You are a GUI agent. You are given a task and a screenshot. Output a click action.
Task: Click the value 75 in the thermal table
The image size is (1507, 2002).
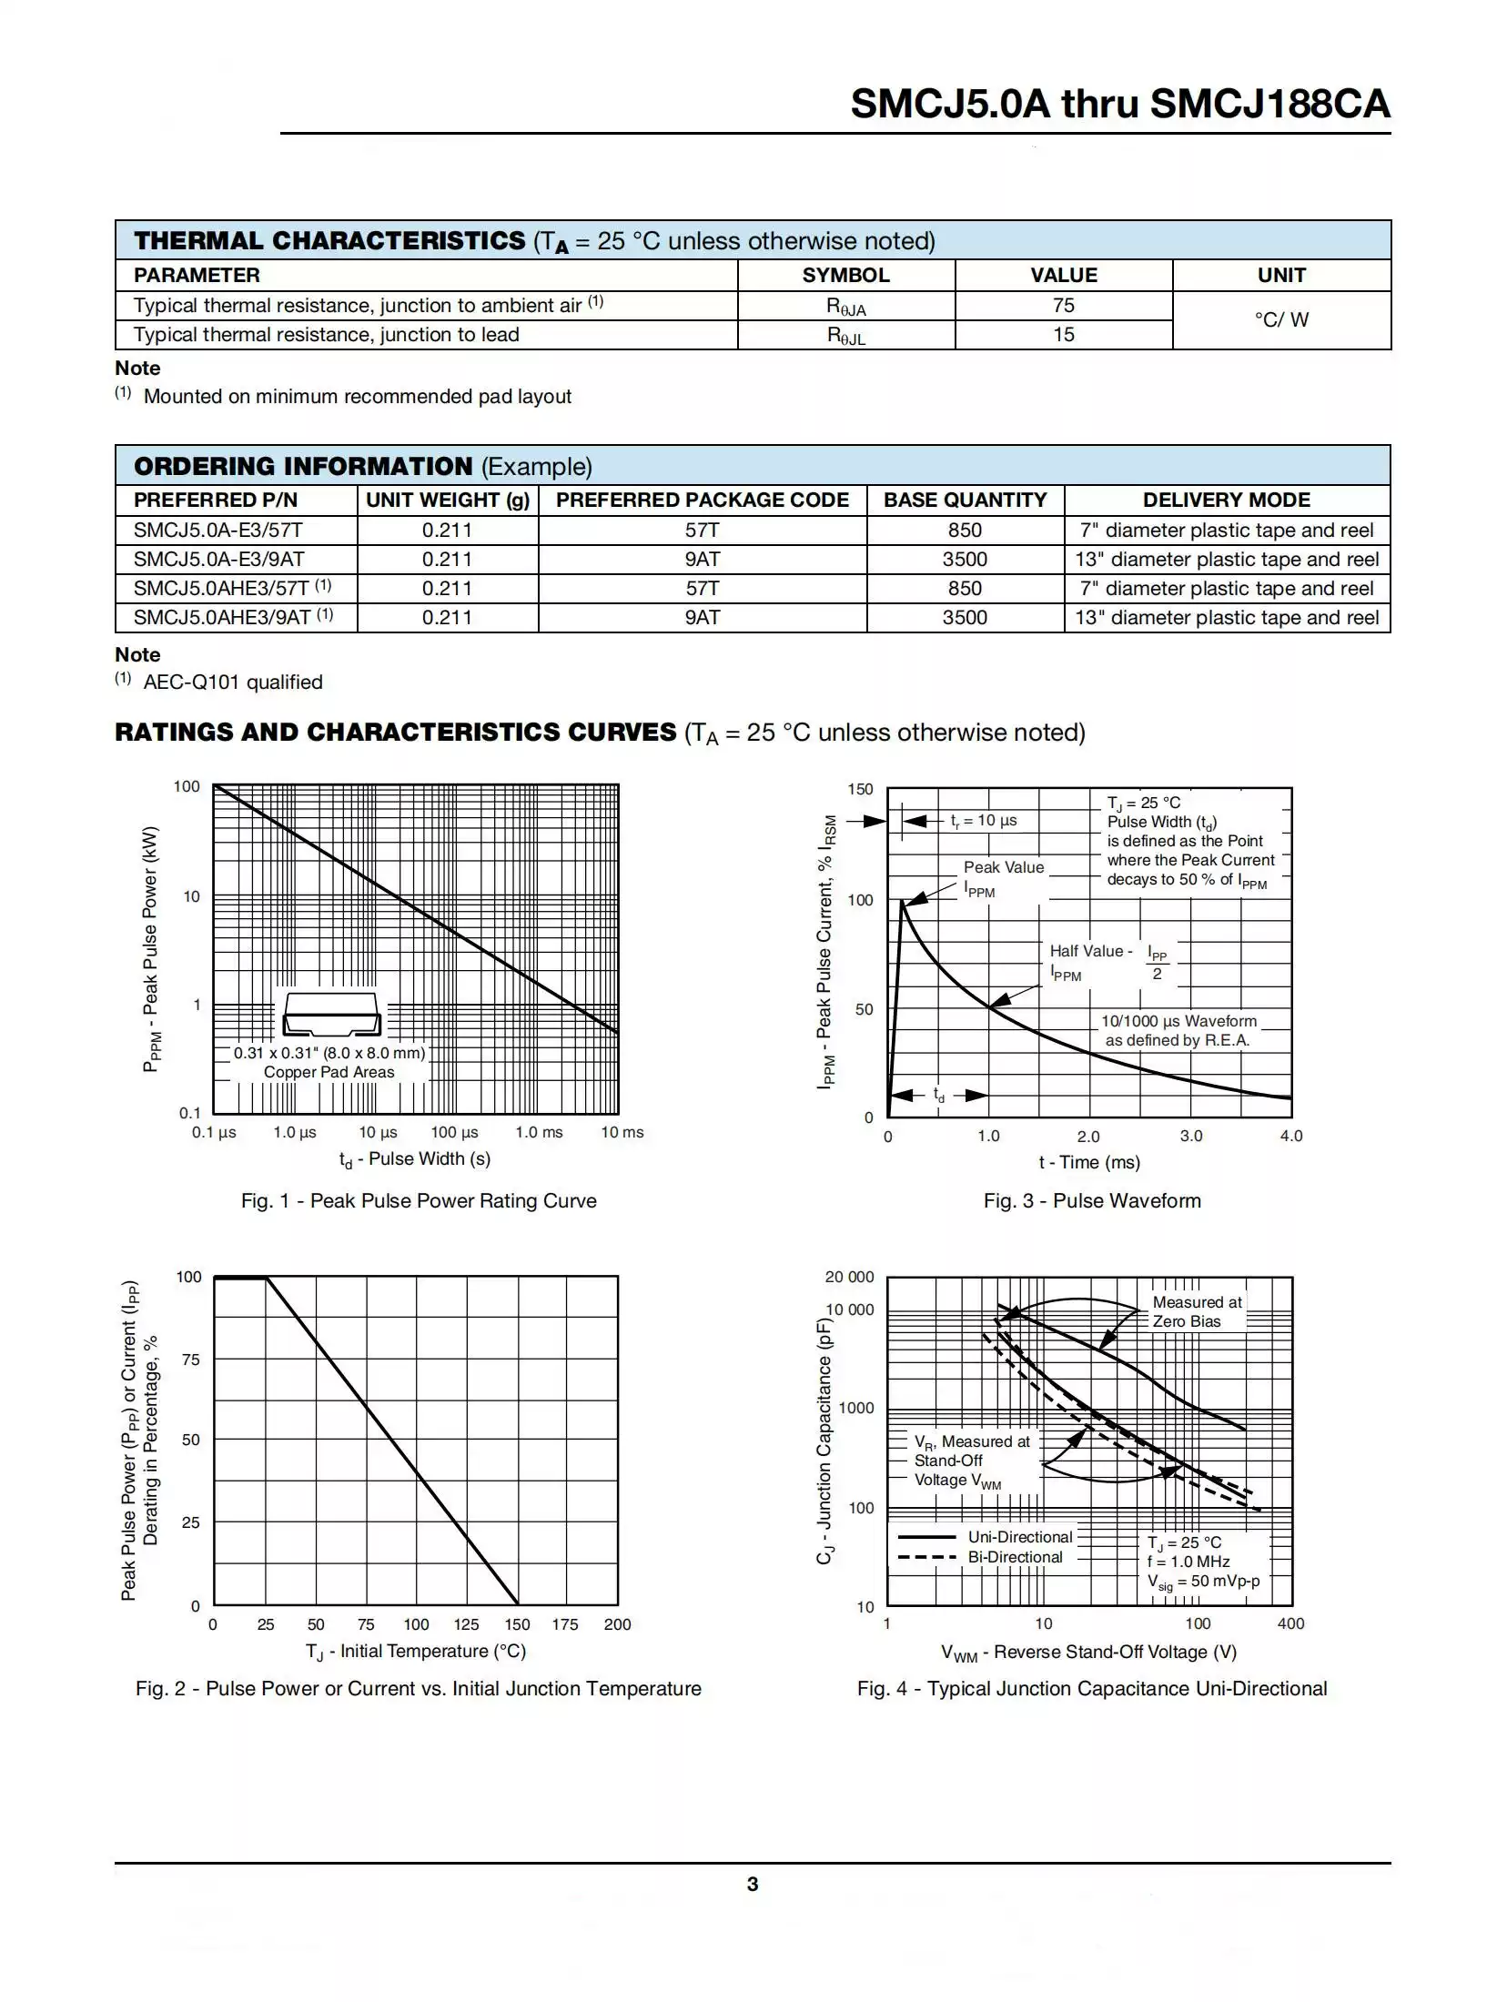(1063, 306)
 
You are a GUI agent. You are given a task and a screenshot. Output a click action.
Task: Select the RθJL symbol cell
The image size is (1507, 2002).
(845, 336)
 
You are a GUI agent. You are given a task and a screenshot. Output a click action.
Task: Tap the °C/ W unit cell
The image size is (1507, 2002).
(1280, 320)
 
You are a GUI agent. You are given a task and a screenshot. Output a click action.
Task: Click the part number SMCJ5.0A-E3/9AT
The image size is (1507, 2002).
(218, 560)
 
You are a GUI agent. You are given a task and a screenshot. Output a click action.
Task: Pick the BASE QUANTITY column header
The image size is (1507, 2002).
(965, 500)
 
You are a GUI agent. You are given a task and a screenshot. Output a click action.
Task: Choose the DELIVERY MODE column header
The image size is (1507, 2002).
(1226, 500)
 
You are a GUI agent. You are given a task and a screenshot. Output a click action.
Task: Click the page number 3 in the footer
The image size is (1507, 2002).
(753, 1885)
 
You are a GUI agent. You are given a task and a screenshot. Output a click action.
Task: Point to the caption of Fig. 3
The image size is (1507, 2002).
(1091, 1201)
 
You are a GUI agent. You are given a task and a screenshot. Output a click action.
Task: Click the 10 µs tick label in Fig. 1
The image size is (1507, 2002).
(378, 1133)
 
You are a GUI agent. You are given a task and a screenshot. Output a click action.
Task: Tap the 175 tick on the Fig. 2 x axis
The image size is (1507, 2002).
(564, 1624)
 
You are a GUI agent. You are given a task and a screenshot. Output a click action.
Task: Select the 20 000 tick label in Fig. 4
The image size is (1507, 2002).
(849, 1278)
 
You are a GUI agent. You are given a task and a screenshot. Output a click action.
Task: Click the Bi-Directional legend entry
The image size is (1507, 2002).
(1015, 1557)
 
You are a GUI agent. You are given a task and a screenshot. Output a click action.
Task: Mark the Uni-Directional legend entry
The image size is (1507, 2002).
(1020, 1537)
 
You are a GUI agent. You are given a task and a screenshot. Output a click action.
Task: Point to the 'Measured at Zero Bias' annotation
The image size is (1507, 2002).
(1196, 1311)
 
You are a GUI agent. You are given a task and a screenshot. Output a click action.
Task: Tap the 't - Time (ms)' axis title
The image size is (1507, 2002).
(1089, 1162)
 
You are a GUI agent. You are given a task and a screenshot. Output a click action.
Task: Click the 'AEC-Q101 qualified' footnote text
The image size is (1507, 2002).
(233, 682)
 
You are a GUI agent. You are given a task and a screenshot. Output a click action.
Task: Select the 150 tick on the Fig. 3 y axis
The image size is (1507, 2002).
(860, 790)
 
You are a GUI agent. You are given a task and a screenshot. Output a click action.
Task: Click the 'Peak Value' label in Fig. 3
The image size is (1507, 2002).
(1004, 867)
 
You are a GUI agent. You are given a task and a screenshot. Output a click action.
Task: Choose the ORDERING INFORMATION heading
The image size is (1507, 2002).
(303, 466)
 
